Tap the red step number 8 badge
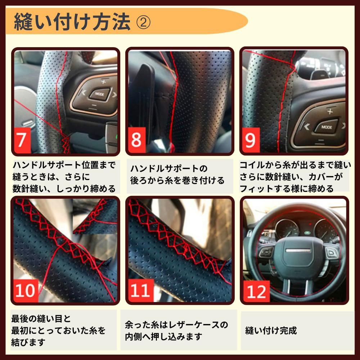(x=137, y=140)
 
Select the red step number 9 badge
(x=251, y=140)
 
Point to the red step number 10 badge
(x=26, y=290)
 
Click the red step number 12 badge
(x=256, y=291)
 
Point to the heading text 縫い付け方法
(x=72, y=22)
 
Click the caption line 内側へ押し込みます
(x=164, y=337)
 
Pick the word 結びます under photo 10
(x=29, y=342)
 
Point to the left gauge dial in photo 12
(x=287, y=229)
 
